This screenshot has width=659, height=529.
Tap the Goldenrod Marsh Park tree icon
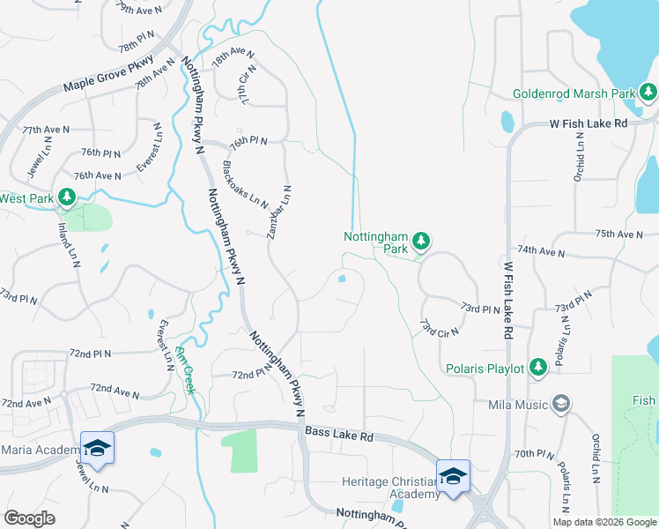pyautogui.click(x=648, y=92)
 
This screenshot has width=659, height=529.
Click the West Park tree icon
pyautogui.click(x=66, y=197)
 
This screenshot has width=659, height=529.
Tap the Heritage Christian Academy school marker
pyautogui.click(x=453, y=477)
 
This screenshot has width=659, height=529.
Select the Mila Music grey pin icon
pyautogui.click(x=560, y=405)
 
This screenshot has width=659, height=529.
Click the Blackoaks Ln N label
pyautogui.click(x=245, y=184)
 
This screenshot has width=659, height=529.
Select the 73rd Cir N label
pyautogui.click(x=441, y=329)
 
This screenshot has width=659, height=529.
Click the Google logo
pyautogui.click(x=30, y=518)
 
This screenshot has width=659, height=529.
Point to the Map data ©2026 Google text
pyautogui.click(x=604, y=522)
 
